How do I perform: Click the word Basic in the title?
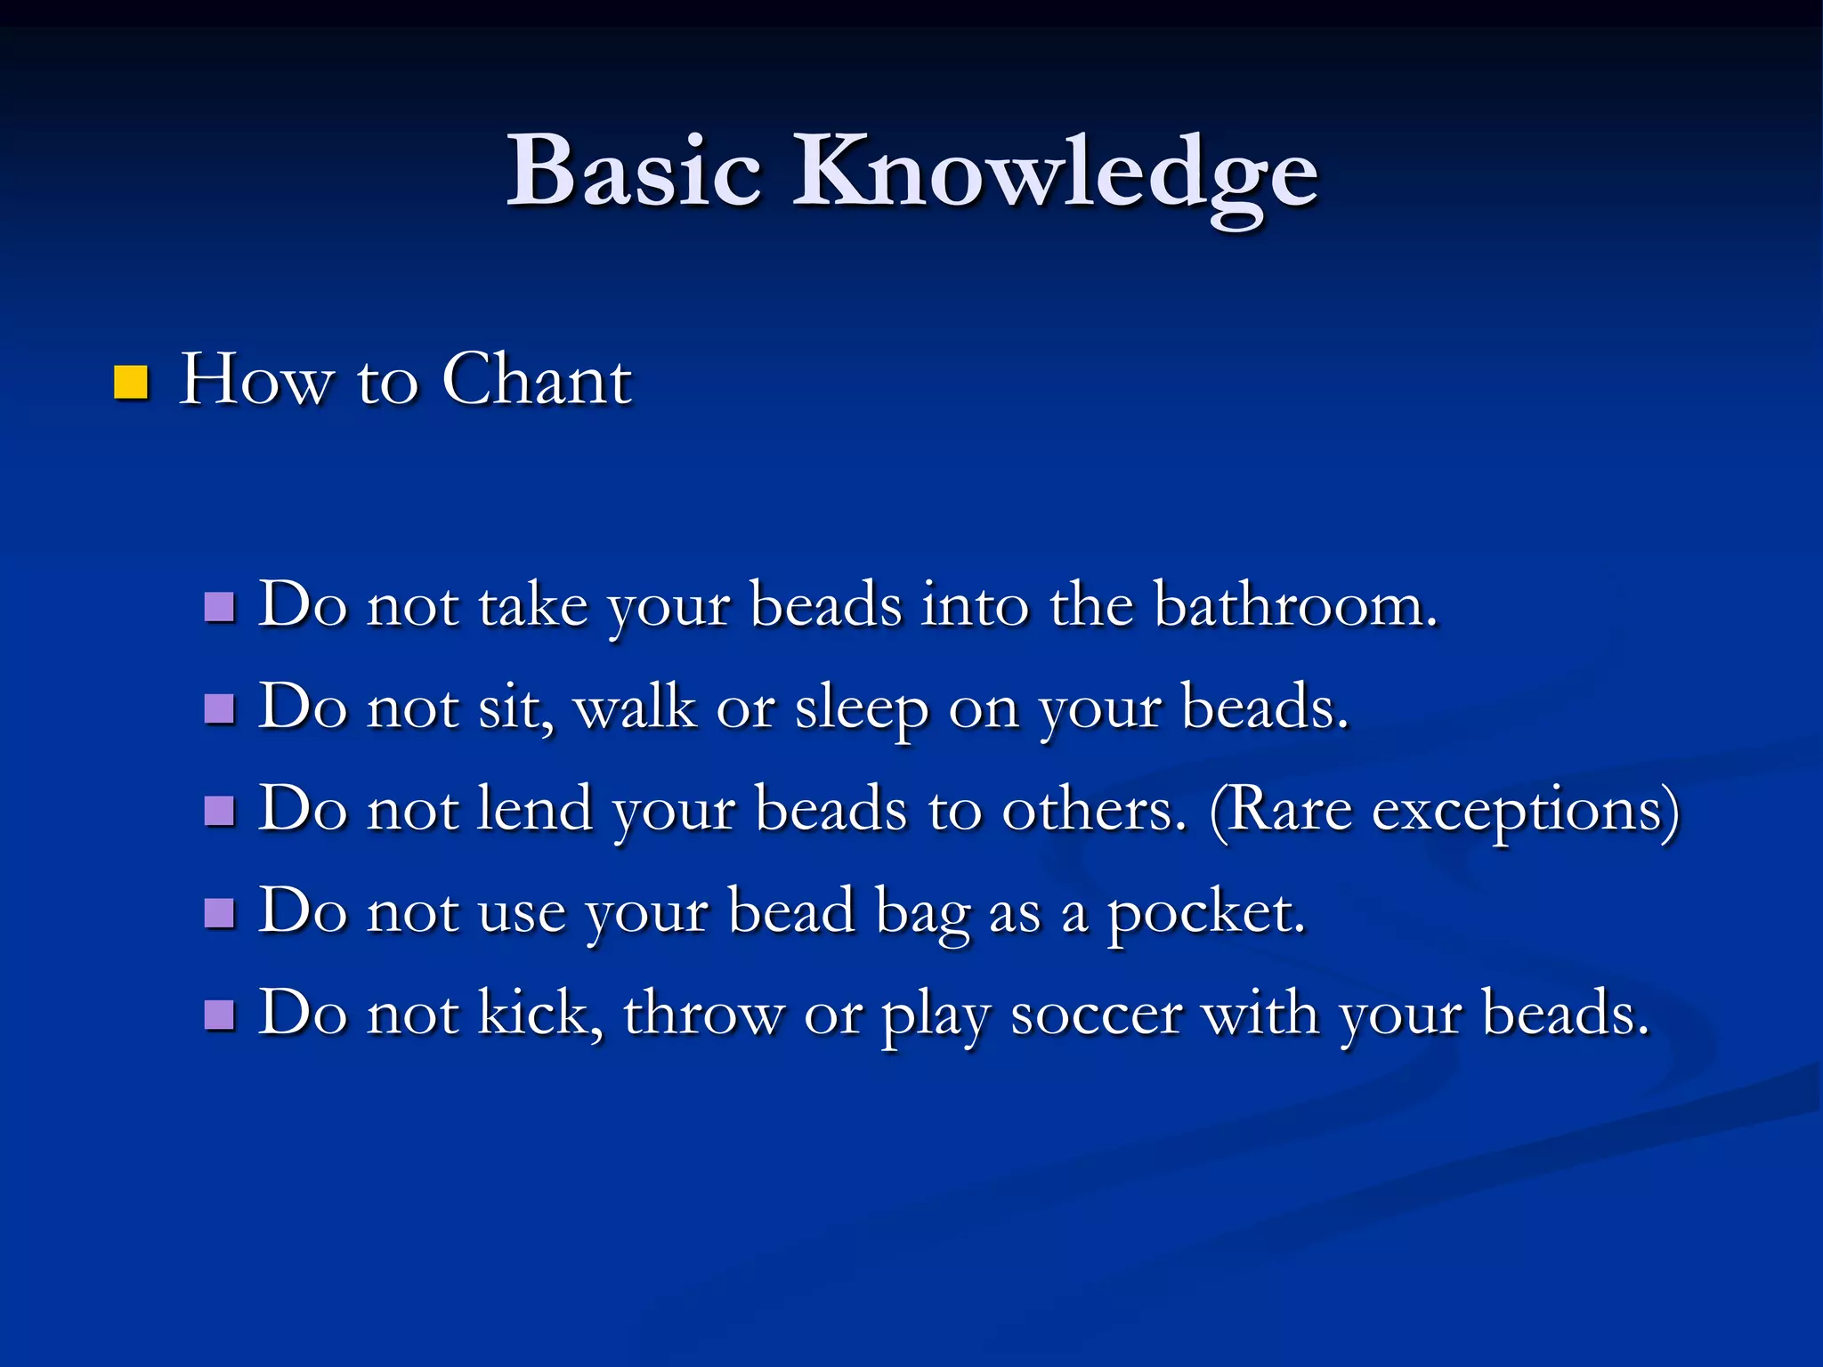[633, 171]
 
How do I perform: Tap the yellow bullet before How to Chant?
[131, 383]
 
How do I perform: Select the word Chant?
[536, 380]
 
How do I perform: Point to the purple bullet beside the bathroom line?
[219, 608]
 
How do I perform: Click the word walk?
[635, 708]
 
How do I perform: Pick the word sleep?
[860, 709]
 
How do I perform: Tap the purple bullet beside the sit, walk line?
[219, 709]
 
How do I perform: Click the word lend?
[535, 809]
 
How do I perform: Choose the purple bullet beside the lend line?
[219, 811]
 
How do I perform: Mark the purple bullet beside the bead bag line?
[219, 913]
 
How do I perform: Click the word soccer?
[1096, 1015]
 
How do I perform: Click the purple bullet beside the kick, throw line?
[219, 1015]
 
